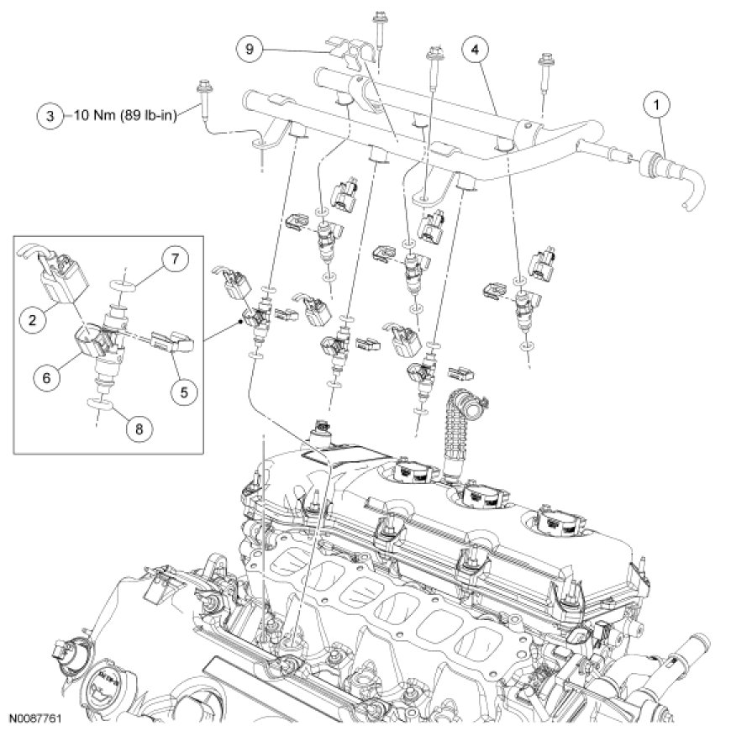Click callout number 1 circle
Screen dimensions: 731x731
pyautogui.click(x=655, y=106)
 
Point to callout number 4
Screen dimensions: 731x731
pyautogui.click(x=475, y=50)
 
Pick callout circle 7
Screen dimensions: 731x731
pyautogui.click(x=176, y=260)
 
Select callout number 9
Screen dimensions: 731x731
pyautogui.click(x=248, y=50)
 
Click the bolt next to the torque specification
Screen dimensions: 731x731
pyautogui.click(x=203, y=99)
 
